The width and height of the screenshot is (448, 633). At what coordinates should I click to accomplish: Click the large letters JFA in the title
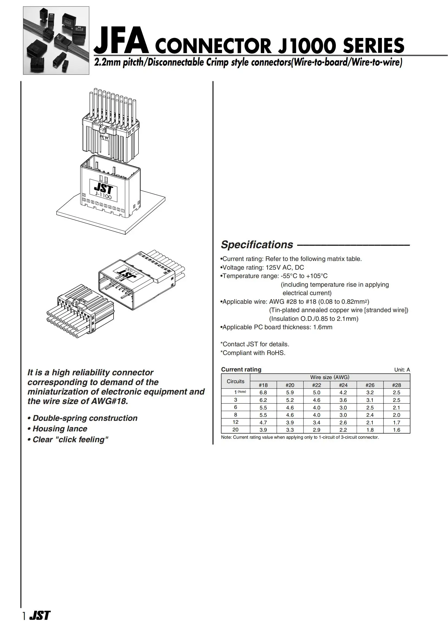click(x=121, y=41)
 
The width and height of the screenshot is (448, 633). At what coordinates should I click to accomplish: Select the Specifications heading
click(x=257, y=245)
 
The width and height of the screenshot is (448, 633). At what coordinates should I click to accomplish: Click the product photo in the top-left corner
click(x=56, y=41)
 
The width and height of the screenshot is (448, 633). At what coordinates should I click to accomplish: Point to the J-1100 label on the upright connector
click(x=103, y=196)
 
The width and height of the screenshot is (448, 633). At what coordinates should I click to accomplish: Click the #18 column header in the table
click(x=263, y=385)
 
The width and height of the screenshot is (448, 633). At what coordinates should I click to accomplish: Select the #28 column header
click(x=397, y=385)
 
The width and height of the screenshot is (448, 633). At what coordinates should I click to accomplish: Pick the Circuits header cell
click(x=235, y=381)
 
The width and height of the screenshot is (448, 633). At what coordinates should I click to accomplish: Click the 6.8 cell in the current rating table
click(x=263, y=392)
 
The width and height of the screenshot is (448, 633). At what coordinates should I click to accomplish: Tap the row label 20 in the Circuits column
click(x=235, y=429)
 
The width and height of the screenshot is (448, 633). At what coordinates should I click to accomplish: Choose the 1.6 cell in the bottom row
click(x=397, y=430)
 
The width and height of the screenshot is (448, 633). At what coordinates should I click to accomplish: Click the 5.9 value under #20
click(x=290, y=392)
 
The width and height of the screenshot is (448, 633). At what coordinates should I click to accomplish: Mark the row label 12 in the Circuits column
click(x=235, y=422)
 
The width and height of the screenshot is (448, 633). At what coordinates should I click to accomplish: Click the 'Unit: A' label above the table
click(x=402, y=370)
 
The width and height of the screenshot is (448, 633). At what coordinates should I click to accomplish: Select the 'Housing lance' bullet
click(x=60, y=429)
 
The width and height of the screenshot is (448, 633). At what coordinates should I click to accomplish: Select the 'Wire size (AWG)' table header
click(x=330, y=377)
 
